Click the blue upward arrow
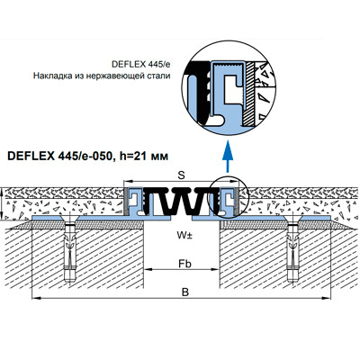pyautogui.click(x=228, y=156)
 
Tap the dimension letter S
pyautogui.click(x=181, y=175)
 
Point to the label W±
pyautogui.click(x=184, y=236)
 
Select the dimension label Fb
pyautogui.click(x=184, y=264)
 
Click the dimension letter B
pyautogui.click(x=185, y=292)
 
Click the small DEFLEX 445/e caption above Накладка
pyautogui.click(x=141, y=65)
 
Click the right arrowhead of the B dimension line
pyautogui.click(x=326, y=298)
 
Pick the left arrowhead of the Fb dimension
pyautogui.click(x=148, y=269)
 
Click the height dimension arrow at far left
pyautogui.click(x=3, y=204)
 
